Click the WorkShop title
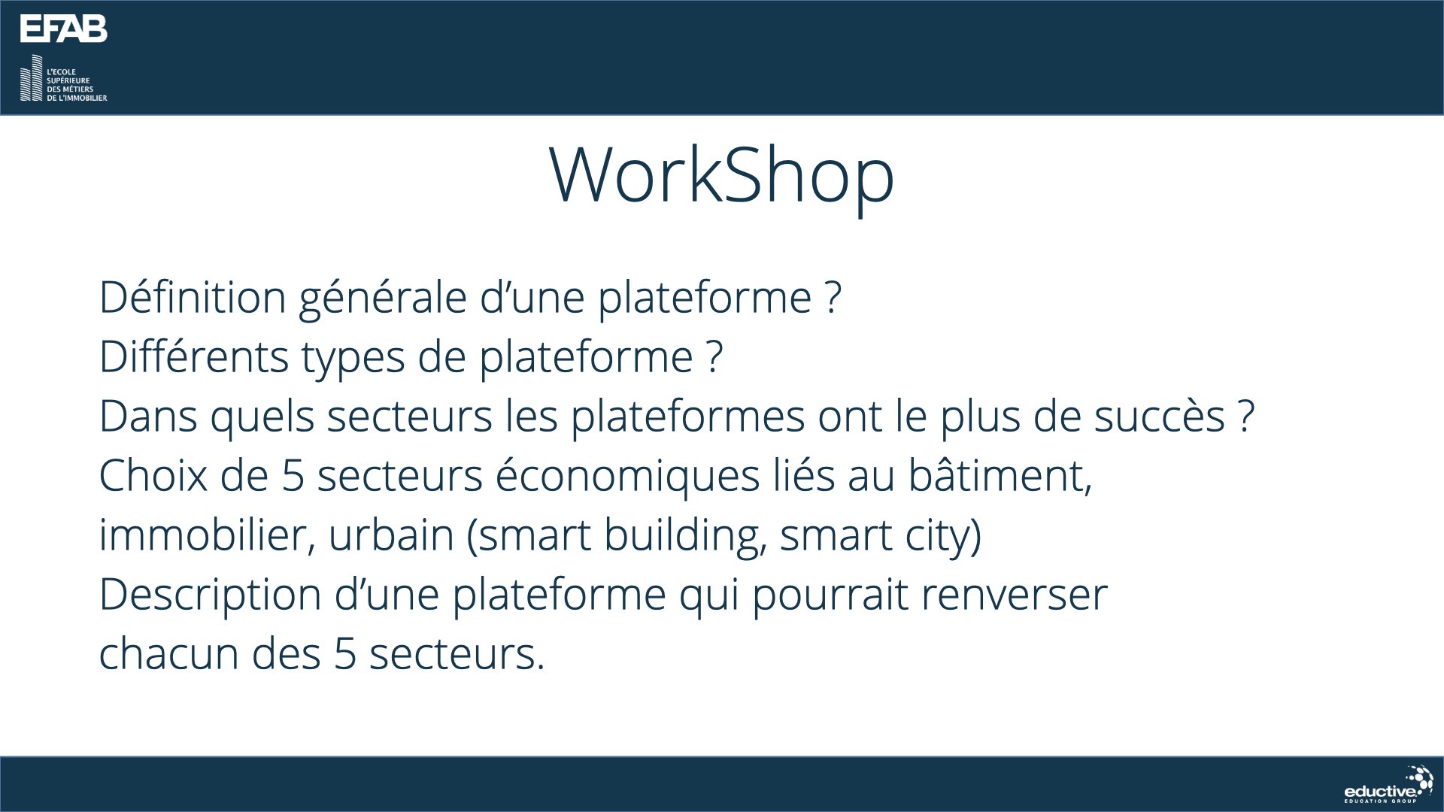tap(722, 176)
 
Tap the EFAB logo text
tap(64, 29)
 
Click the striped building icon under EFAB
tap(32, 78)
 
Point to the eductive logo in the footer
tap(1388, 785)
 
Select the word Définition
tap(193, 297)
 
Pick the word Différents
tap(194, 356)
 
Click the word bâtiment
tap(1000, 476)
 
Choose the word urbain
tap(391, 535)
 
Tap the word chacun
tap(169, 654)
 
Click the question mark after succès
tap(1246, 415)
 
